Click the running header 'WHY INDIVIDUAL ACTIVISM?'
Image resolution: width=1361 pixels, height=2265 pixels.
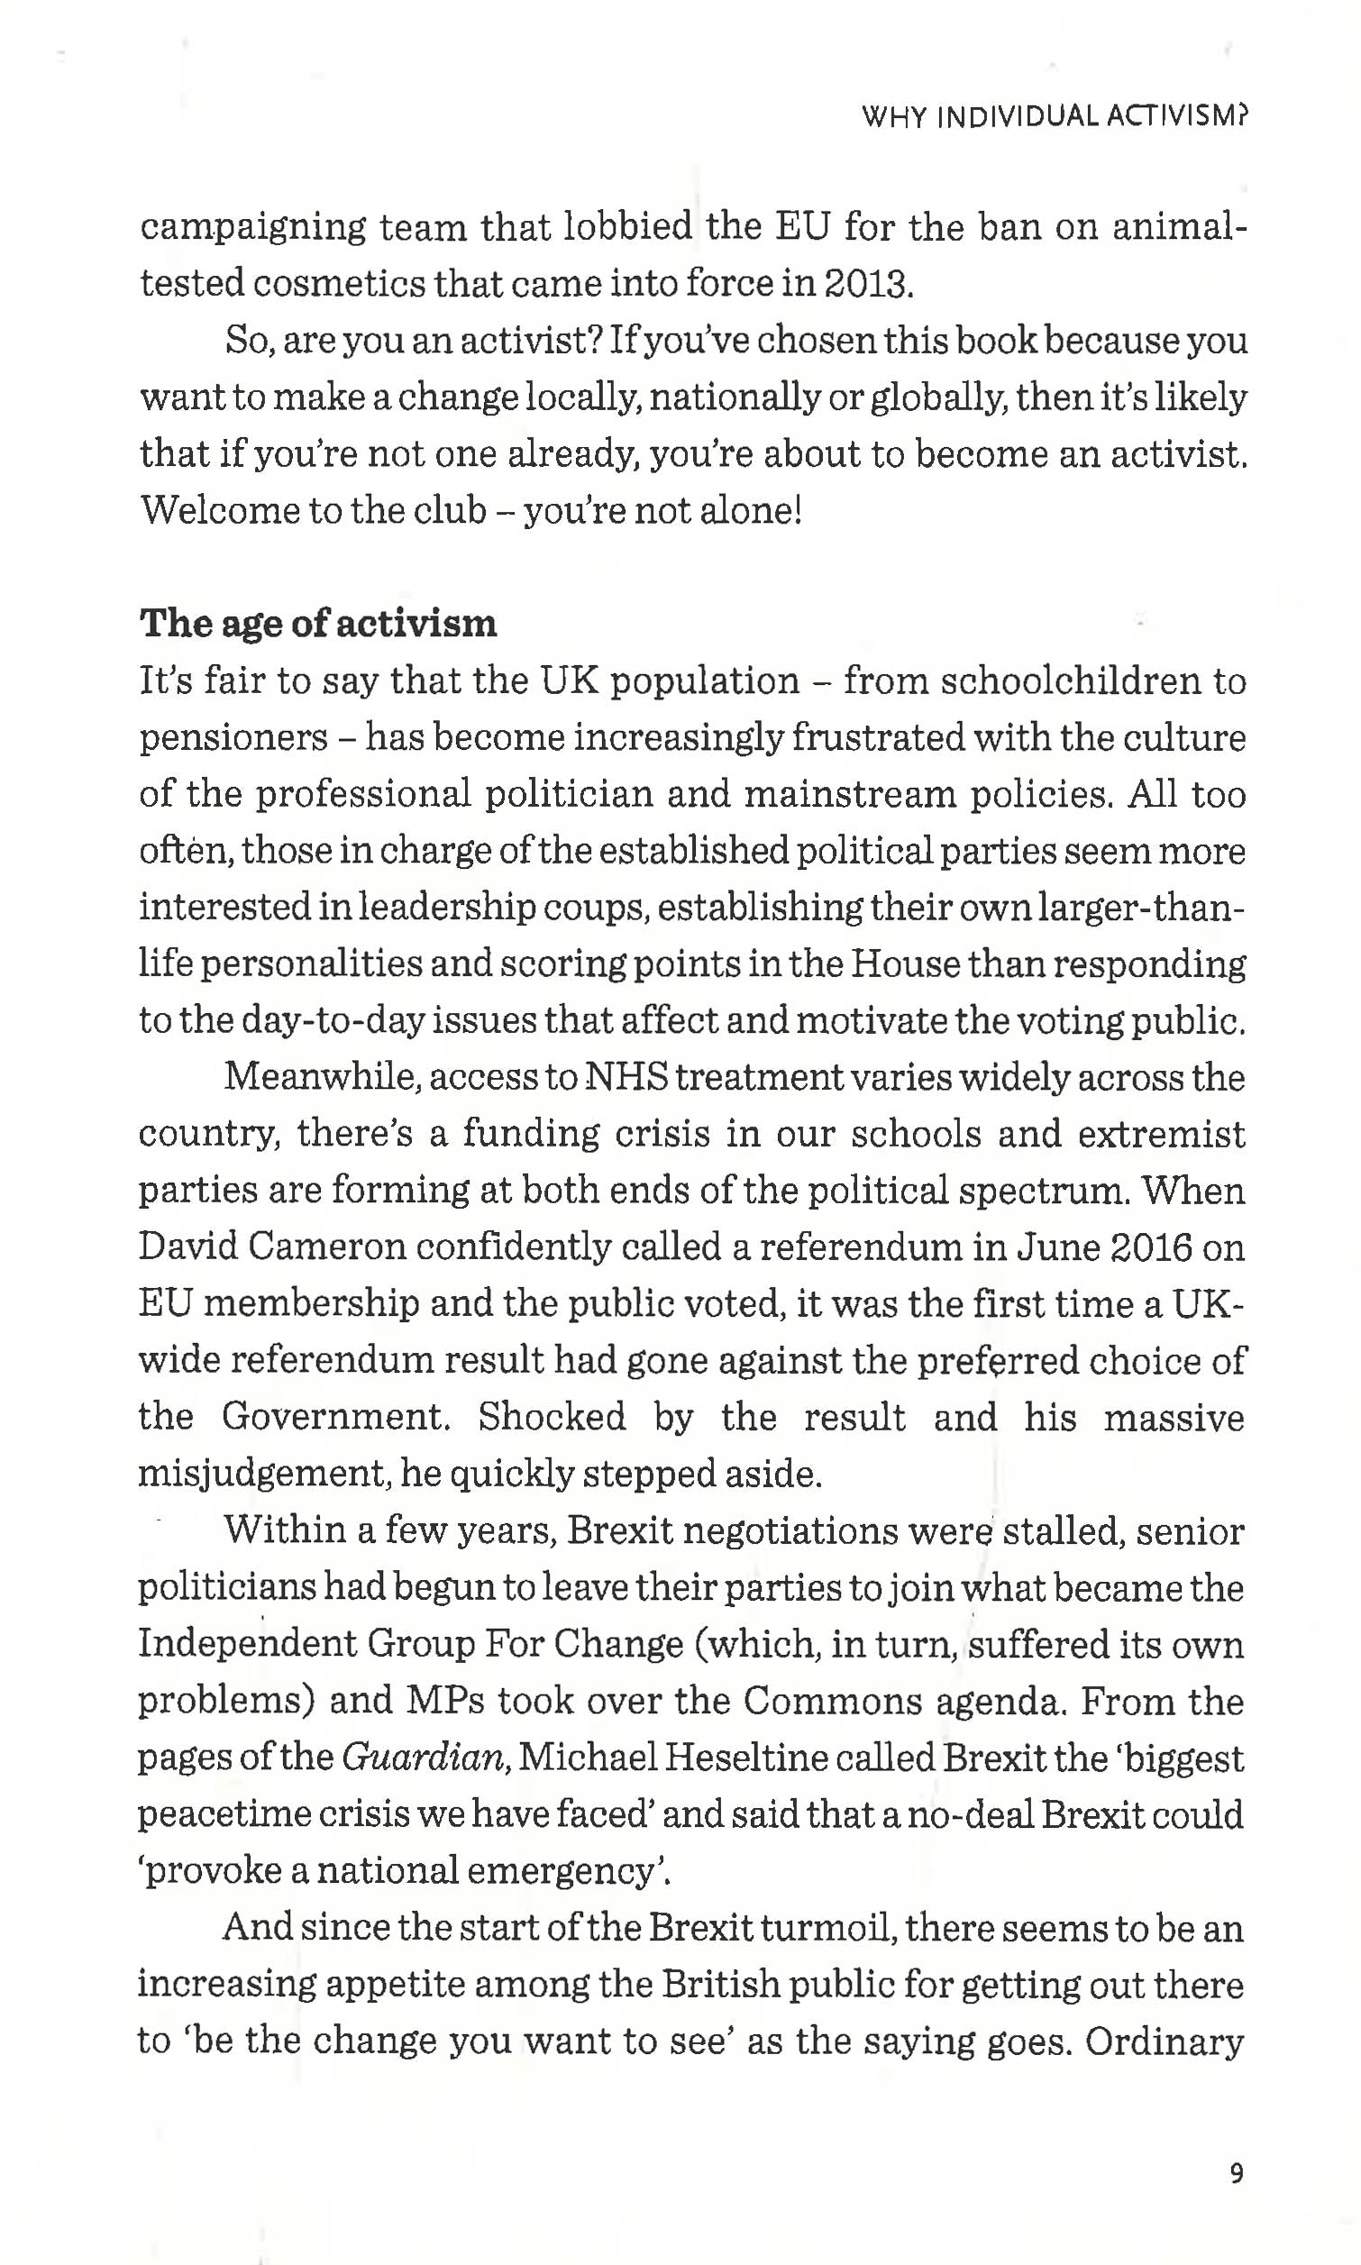tap(1055, 116)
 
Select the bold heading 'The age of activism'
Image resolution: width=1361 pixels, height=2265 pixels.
tap(317, 624)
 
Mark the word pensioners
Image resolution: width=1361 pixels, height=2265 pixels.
tap(233, 737)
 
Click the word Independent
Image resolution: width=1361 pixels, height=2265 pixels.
tap(247, 1644)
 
